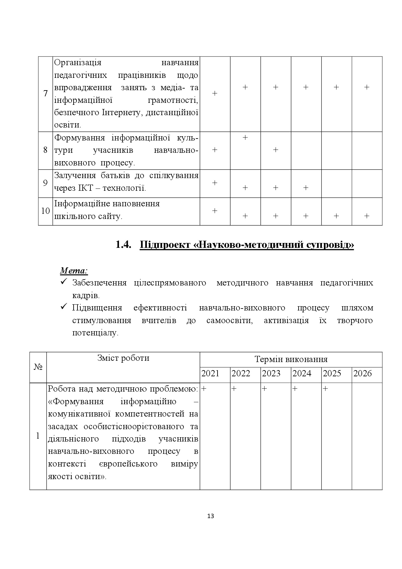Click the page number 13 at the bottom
[x=210, y=516]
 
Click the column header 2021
[x=210, y=373]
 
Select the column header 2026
[x=362, y=373]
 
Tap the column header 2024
[x=302, y=373]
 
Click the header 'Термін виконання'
[x=291, y=359]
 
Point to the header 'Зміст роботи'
[x=123, y=358]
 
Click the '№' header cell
[x=38, y=367]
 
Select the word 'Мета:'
[x=74, y=270]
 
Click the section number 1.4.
[x=123, y=245]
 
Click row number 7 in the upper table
[x=45, y=94]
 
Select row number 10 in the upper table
[x=45, y=211]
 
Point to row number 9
[x=45, y=183]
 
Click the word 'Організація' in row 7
[x=78, y=63]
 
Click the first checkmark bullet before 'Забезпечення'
[x=64, y=282]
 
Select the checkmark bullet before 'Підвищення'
[x=64, y=307]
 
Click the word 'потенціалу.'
[x=96, y=333]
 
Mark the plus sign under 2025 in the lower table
[x=325, y=389]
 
